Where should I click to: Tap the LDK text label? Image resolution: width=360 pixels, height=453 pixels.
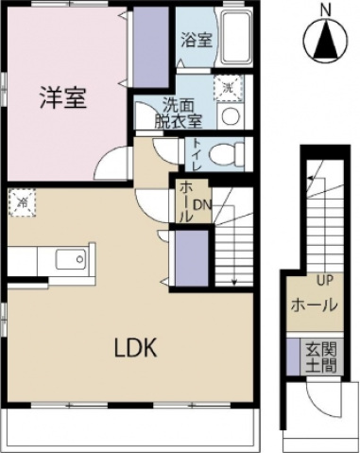tap(135, 347)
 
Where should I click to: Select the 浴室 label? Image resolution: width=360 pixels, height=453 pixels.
tap(196, 42)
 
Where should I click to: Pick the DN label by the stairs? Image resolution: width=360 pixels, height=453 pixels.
tap(201, 205)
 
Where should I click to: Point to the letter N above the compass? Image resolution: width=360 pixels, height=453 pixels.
tap(324, 10)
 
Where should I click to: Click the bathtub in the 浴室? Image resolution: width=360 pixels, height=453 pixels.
tap(235, 40)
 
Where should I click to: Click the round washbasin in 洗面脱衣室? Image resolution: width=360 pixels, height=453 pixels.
tap(229, 114)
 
